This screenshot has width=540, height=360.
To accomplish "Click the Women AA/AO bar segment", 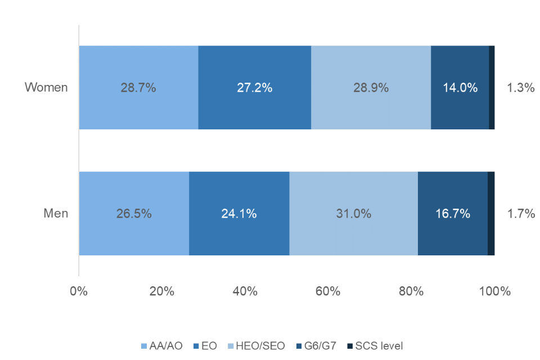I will tap(138, 88).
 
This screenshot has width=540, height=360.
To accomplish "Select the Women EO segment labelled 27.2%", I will tap(255, 88).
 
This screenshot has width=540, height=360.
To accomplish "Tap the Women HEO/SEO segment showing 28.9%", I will tap(371, 88).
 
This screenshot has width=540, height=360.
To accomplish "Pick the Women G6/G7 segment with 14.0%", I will tap(460, 88).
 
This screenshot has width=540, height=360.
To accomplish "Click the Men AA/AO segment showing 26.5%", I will tap(134, 214).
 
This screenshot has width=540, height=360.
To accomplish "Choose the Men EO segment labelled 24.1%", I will tap(239, 214).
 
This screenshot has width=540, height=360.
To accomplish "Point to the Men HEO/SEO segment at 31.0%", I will tap(353, 214).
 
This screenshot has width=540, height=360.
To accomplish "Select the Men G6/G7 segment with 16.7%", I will tap(453, 214).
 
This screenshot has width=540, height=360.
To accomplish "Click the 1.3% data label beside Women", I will tap(520, 88).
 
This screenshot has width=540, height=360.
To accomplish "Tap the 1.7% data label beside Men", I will tap(520, 214).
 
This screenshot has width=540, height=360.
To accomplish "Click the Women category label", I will tap(46, 88).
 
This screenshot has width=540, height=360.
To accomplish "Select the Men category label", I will tap(56, 214).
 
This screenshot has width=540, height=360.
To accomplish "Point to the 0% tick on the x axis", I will tap(79, 291).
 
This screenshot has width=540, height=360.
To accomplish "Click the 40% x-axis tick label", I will tap(245, 291).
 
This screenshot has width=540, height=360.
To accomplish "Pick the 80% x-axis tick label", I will tap(411, 291).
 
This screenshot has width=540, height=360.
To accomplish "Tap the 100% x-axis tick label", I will tap(494, 291).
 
